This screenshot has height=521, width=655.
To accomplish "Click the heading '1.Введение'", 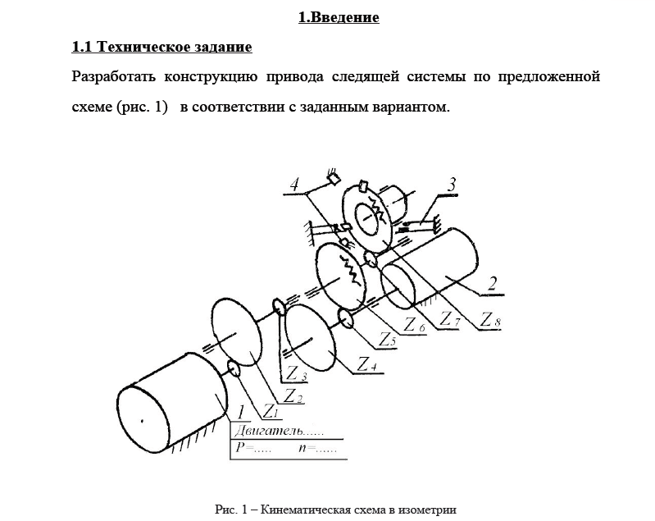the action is [x=339, y=17].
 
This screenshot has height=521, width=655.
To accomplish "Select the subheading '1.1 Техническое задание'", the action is [x=161, y=47].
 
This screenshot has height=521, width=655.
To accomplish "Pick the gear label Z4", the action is [x=367, y=363].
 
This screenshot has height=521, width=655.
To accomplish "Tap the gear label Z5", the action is [x=388, y=337].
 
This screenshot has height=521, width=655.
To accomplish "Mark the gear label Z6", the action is [x=415, y=325].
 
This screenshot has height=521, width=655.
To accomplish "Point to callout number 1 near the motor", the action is [x=241, y=411].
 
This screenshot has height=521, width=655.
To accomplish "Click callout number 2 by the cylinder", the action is [x=491, y=285].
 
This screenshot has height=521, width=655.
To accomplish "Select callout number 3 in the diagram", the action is [x=452, y=183].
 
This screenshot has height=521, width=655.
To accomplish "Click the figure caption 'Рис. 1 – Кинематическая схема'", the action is [x=335, y=510].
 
